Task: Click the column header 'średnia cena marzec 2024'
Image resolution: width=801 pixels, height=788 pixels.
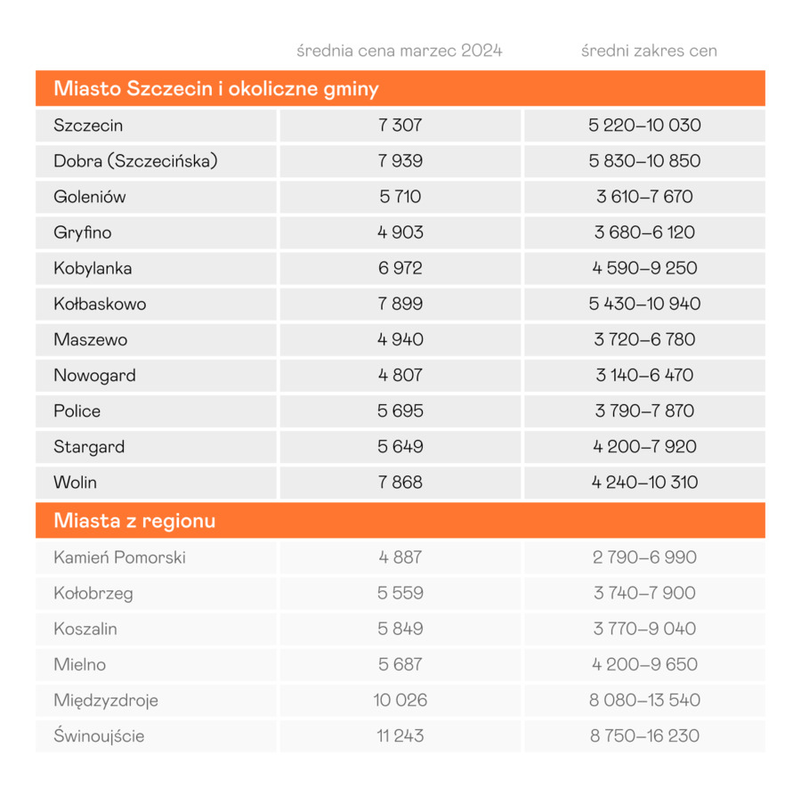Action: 400,51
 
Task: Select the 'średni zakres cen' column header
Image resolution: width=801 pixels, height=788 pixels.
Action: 649,51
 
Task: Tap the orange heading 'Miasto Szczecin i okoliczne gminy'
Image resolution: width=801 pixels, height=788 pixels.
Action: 216,89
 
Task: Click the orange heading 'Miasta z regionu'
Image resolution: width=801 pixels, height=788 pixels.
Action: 134,520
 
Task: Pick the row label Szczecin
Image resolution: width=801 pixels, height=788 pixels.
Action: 88,126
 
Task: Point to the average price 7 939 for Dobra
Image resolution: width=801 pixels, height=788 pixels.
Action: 400,161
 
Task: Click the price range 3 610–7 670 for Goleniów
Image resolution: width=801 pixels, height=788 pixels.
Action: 644,197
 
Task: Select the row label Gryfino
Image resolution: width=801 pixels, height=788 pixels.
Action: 83,232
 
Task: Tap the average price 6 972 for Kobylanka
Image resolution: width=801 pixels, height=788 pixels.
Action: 400,268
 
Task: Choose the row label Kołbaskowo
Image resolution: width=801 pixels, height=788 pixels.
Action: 100,304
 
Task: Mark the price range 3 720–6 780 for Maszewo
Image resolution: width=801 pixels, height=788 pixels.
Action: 644,339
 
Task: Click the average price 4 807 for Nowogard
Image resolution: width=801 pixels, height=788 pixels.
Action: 400,375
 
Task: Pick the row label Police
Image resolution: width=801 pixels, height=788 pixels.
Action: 77,410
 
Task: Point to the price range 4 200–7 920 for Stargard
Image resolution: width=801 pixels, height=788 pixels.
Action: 644,446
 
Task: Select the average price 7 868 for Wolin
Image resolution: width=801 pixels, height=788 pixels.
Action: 400,482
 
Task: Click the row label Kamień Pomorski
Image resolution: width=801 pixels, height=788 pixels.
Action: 119,557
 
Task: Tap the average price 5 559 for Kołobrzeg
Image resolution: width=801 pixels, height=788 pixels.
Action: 400,593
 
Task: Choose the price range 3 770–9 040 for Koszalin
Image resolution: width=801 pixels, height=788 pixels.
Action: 644,629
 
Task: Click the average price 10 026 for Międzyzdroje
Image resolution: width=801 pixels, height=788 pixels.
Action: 400,700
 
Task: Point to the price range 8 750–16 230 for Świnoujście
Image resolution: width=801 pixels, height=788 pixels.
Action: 644,735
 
